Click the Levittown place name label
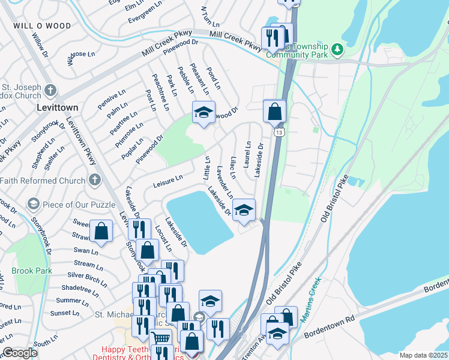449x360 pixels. (x=57, y=107)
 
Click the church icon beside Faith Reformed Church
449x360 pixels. (x=94, y=179)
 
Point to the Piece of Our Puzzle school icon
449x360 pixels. (x=34, y=205)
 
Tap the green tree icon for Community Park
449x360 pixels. (x=337, y=49)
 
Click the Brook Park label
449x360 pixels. (x=31, y=271)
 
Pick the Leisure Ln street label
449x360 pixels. (x=167, y=179)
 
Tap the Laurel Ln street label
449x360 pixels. (x=247, y=154)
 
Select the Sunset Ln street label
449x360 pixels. (x=65, y=313)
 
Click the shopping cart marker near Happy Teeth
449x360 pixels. (x=160, y=339)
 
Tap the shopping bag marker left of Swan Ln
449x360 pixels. (x=101, y=231)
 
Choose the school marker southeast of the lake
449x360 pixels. (x=244, y=210)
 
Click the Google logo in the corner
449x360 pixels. (x=20, y=353)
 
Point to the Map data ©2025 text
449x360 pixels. (x=423, y=355)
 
